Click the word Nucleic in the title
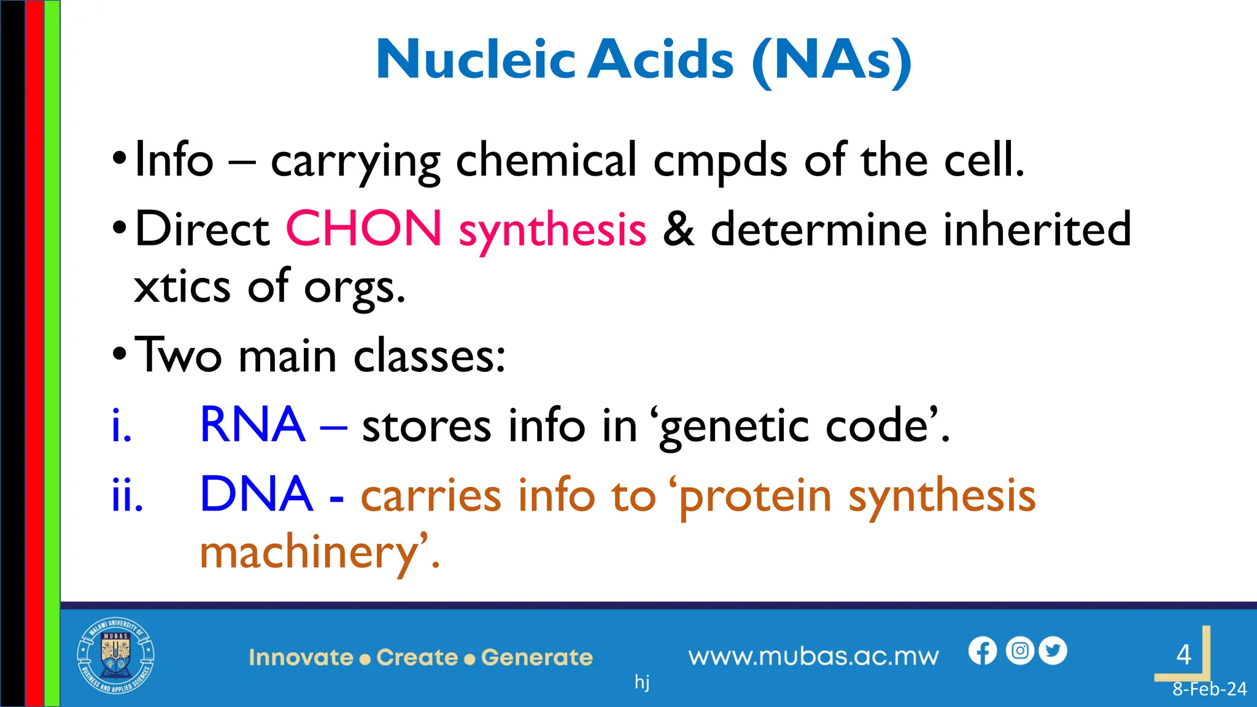pyautogui.click(x=476, y=60)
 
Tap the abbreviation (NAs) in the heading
pyautogui.click(x=832, y=61)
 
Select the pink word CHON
pyautogui.click(x=363, y=228)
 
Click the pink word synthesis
pyautogui.click(x=552, y=231)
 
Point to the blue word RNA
pyautogui.click(x=252, y=425)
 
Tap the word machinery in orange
pyautogui.click(x=310, y=552)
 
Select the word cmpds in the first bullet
pyautogui.click(x=720, y=161)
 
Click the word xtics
pyautogui.click(x=182, y=287)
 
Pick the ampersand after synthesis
pyautogui.click(x=678, y=229)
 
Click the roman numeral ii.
pyautogui.click(x=127, y=495)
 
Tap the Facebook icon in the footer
pyautogui.click(x=983, y=651)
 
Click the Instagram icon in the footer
pyautogui.click(x=1020, y=651)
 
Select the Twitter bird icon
pyautogui.click(x=1053, y=651)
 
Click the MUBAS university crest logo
pyautogui.click(x=115, y=656)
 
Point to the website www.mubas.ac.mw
pyautogui.click(x=813, y=657)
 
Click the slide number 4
pyautogui.click(x=1184, y=655)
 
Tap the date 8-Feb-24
pyautogui.click(x=1209, y=689)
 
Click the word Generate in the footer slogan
pyautogui.click(x=537, y=657)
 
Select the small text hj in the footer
pyautogui.click(x=642, y=681)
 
